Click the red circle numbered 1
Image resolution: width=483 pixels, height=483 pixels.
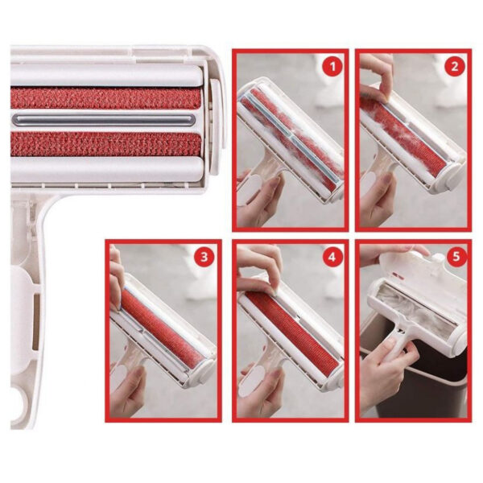[332, 67]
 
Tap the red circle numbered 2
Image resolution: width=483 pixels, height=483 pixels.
[455, 67]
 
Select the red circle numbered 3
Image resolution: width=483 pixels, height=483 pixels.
[204, 257]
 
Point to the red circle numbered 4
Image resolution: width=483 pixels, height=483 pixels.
[332, 257]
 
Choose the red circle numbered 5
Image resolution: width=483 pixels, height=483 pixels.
[456, 256]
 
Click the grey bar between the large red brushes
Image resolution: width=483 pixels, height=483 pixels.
[104, 120]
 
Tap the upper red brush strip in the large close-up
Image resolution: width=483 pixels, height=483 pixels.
[106, 98]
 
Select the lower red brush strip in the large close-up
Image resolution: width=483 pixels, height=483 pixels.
[106, 144]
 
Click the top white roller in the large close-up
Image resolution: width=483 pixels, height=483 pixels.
[106, 76]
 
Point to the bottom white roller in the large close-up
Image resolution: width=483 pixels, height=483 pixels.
[106, 169]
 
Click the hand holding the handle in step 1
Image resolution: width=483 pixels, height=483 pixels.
[258, 197]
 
